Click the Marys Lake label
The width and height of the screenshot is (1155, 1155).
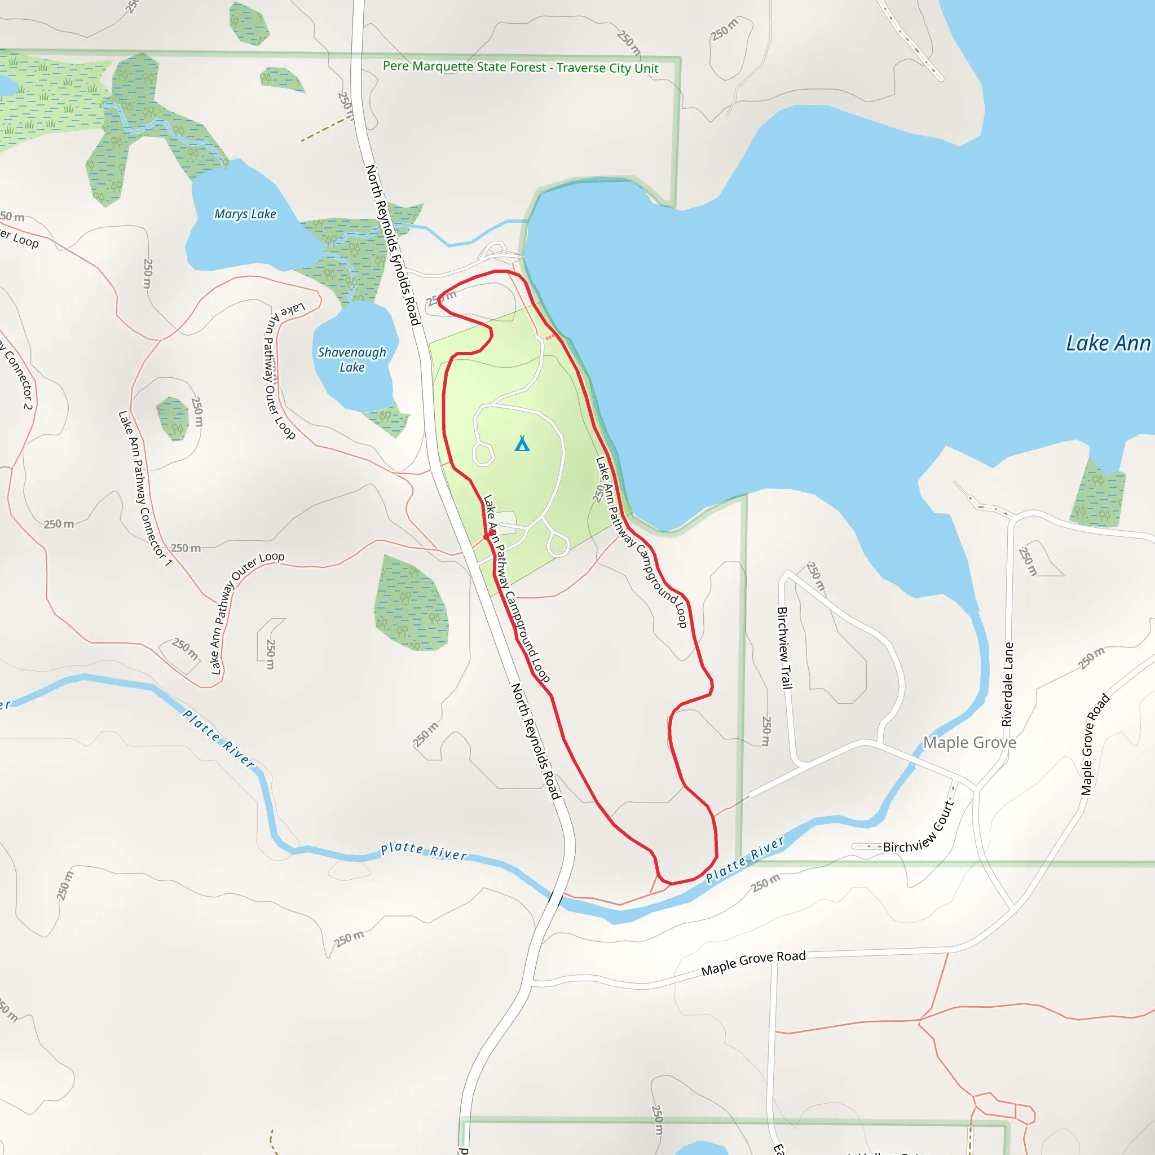tap(245, 214)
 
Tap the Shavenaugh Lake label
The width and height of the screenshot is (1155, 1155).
tap(351, 359)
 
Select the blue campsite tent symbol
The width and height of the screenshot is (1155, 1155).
tap(522, 444)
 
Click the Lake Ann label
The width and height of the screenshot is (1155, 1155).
tap(1107, 343)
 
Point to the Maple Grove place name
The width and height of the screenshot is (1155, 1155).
tap(969, 743)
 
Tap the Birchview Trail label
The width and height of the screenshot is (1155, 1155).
tap(784, 648)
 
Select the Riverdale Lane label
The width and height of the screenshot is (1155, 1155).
tap(1008, 684)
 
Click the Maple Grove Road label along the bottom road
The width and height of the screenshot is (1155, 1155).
tap(753, 963)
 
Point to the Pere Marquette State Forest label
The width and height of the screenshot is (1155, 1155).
tap(520, 67)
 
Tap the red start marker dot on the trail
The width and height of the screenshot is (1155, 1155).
tap(491, 532)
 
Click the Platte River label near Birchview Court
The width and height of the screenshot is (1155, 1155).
tap(744, 860)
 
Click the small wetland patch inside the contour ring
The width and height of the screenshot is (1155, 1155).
tap(173, 418)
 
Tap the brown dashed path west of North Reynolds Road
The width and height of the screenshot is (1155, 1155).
tap(326, 129)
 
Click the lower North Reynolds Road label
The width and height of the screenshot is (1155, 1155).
tap(536, 741)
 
